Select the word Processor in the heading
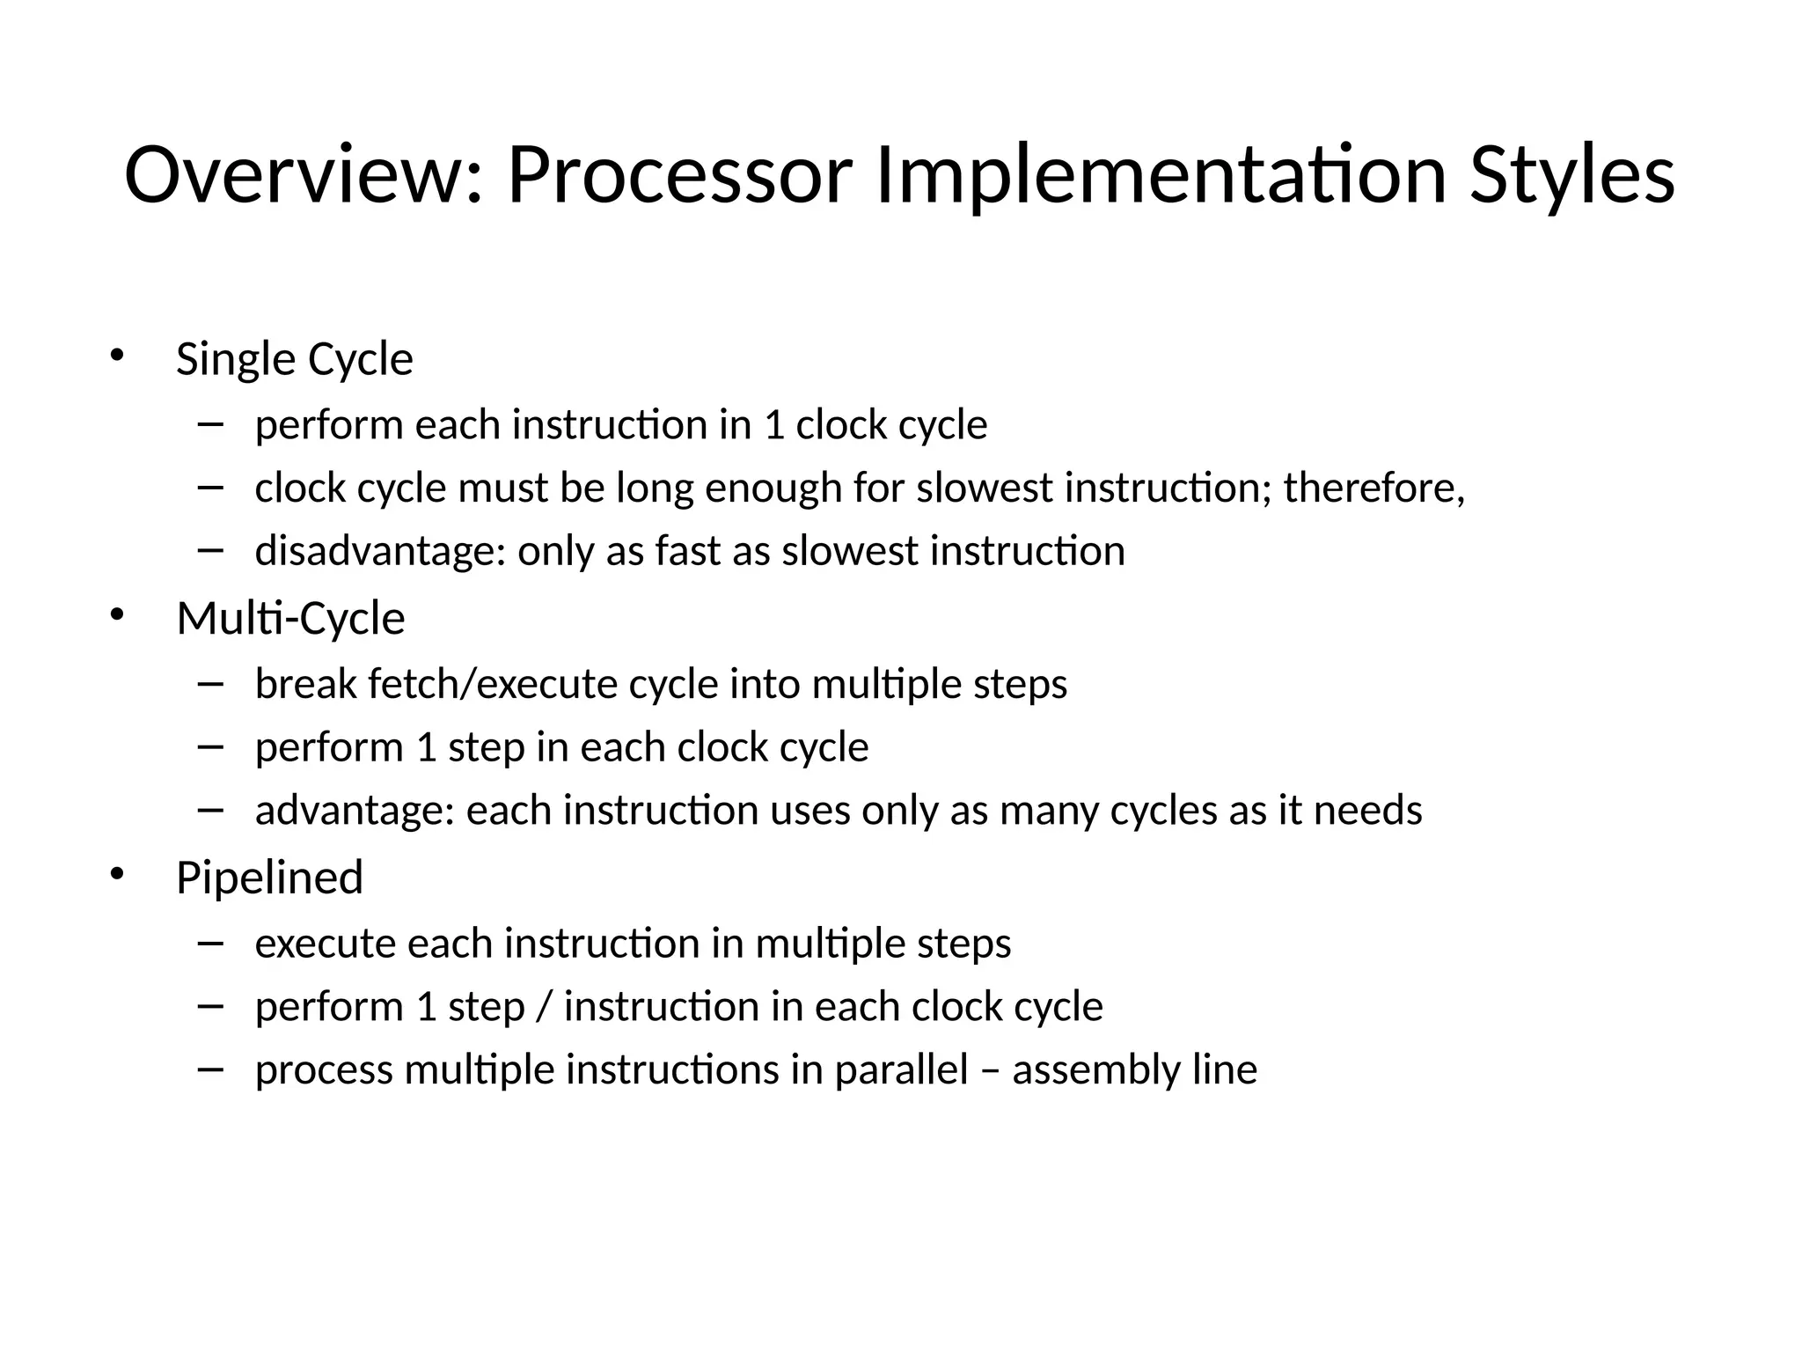coord(678,175)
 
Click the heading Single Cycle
coord(294,360)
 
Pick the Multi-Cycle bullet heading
coord(290,619)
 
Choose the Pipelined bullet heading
coord(269,878)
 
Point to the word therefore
coord(1373,488)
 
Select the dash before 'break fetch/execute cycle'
coord(211,683)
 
